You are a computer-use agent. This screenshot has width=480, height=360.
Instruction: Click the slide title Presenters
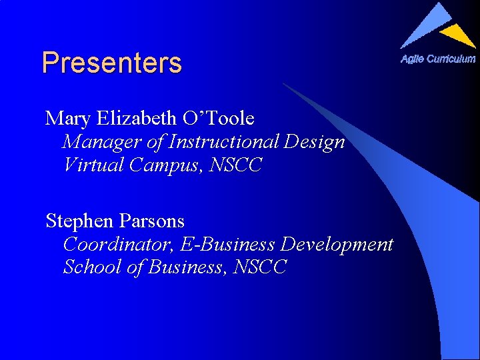111,63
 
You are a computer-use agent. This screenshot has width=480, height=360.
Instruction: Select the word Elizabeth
136,119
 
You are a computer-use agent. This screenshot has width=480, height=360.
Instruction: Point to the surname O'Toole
218,119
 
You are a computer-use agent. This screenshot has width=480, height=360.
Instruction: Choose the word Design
315,142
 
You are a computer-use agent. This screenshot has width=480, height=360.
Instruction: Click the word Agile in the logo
412,59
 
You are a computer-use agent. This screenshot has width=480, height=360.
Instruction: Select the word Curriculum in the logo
451,59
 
